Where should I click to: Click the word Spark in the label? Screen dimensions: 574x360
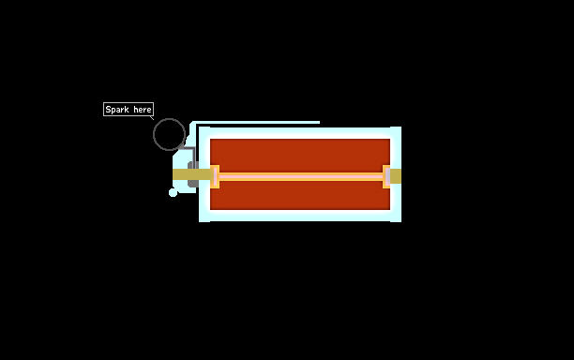(117, 110)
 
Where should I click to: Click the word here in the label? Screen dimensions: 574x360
(143, 110)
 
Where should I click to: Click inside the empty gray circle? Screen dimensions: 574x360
(169, 134)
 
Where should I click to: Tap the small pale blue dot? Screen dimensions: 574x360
(173, 192)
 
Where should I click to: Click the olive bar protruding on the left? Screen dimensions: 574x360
(191, 174)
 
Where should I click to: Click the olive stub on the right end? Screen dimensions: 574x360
(396, 176)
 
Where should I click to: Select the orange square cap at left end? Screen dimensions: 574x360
(215, 176)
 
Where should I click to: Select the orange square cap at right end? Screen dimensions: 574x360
(386, 176)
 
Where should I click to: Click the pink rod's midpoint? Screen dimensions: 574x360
(301, 177)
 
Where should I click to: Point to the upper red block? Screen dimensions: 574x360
(300, 156)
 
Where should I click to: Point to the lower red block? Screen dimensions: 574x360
(300, 195)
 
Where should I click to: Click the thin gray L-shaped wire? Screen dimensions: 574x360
(194, 154)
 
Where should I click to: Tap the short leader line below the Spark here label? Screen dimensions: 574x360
(152, 118)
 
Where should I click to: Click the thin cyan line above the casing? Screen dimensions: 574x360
(255, 123)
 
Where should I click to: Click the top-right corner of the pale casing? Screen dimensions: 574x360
(401, 127)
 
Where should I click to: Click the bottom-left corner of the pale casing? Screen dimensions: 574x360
(199, 221)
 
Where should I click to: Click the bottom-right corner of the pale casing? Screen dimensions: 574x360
(401, 221)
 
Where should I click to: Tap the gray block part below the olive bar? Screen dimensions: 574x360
(193, 184)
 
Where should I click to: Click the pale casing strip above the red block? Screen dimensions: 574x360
(300, 133)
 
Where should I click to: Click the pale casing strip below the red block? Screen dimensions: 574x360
(300, 216)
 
